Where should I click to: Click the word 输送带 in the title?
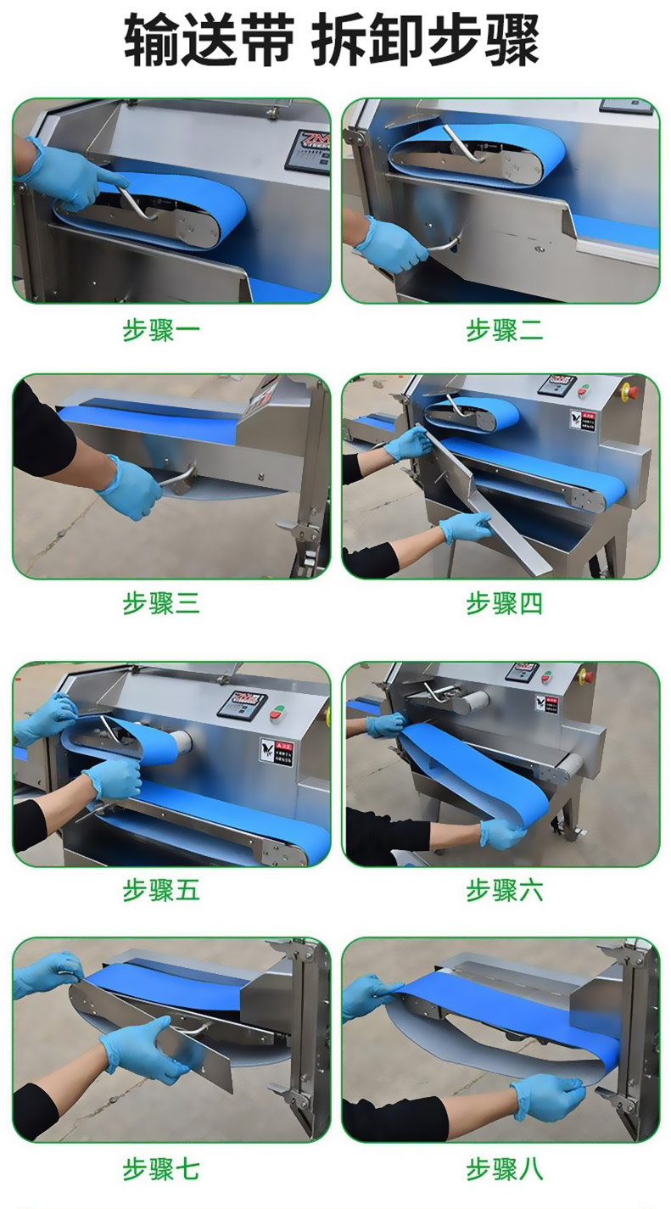209,41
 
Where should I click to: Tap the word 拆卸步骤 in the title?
426,41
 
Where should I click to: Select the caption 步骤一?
161,330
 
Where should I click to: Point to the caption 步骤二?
504,330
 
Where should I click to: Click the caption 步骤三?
161,603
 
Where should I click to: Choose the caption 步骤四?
504,603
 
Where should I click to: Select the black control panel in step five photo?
243,704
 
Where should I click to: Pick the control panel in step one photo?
308,150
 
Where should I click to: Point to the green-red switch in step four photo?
583,389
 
